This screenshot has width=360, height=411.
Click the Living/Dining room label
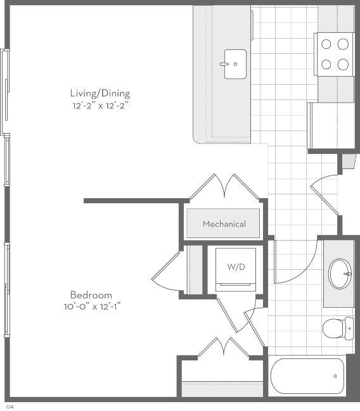(100, 93)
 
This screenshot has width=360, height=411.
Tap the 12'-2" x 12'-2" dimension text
(101, 106)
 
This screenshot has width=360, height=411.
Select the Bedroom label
(91, 295)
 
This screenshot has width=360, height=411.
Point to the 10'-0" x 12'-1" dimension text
(92, 307)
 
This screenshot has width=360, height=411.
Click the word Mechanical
(224, 224)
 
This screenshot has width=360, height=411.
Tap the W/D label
(236, 267)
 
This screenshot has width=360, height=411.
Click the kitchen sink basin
(235, 64)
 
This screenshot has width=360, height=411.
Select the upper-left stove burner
(326, 44)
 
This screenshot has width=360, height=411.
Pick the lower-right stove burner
(343, 64)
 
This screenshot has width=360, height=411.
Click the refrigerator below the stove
(331, 126)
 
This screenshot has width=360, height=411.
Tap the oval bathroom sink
(340, 274)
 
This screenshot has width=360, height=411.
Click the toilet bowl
(333, 329)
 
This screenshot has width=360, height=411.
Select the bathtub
(307, 376)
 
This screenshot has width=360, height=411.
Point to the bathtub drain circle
(335, 376)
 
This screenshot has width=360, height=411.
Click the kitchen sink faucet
(224, 64)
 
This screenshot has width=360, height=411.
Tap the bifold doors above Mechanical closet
(224, 186)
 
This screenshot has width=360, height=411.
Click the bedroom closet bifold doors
(223, 346)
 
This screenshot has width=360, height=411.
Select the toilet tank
(349, 328)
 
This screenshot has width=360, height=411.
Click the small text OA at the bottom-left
(10, 407)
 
